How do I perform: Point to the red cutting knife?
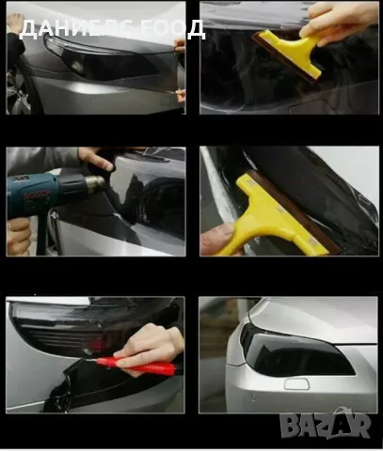click(136, 365)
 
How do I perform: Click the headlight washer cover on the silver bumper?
click(296, 384)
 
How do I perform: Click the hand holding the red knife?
click(147, 348)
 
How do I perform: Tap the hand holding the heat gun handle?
click(19, 237)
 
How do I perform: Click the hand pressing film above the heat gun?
click(96, 158)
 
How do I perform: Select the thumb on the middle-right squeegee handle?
click(216, 238)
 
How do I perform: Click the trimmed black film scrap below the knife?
click(104, 387)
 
